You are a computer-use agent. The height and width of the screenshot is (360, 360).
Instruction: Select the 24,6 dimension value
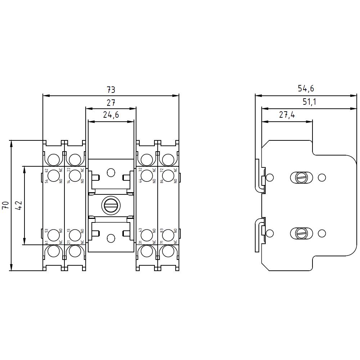pyautogui.click(x=111, y=115)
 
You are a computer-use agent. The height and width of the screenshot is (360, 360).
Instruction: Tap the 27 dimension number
pyautogui.click(x=111, y=103)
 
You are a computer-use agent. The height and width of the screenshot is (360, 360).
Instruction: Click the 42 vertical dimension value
pyautogui.click(x=19, y=206)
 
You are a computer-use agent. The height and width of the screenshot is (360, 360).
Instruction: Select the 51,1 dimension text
pyautogui.click(x=309, y=102)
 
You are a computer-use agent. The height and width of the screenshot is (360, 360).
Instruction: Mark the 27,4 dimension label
pyautogui.click(x=287, y=115)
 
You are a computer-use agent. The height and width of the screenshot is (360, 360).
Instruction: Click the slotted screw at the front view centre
pyautogui.click(x=111, y=206)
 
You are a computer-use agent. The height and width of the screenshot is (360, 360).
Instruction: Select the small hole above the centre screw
pyautogui.click(x=111, y=173)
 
